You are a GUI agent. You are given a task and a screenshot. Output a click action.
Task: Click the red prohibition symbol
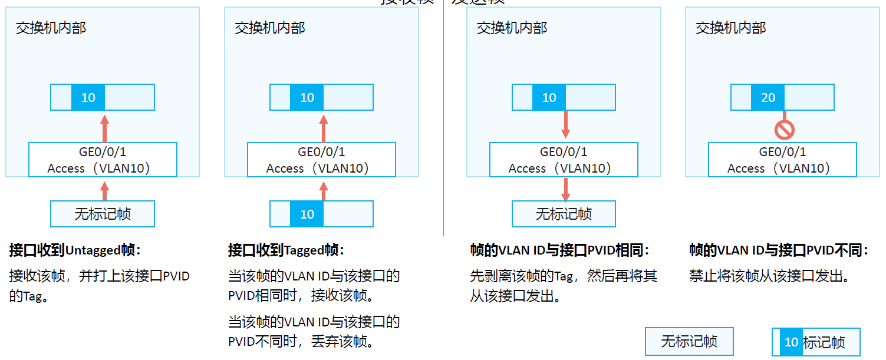click(784, 130)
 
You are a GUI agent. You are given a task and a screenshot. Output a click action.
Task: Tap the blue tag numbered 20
click(768, 97)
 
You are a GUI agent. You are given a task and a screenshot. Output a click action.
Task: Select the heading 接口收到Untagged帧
click(75, 250)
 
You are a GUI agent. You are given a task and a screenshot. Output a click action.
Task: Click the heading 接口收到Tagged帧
click(286, 250)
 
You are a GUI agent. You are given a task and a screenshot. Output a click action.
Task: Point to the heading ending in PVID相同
click(559, 250)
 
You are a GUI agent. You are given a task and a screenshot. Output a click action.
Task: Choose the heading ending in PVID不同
click(779, 250)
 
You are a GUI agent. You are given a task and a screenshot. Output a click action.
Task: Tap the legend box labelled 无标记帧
click(689, 342)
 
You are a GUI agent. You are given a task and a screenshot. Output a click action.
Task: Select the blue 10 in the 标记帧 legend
click(791, 342)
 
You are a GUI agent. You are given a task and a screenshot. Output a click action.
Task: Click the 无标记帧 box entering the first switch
click(103, 214)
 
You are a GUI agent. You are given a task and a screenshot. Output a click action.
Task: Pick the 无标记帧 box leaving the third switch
click(564, 214)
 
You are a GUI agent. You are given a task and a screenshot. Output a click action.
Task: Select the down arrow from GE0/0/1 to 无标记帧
click(566, 189)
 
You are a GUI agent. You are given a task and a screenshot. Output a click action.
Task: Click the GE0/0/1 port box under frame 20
click(782, 160)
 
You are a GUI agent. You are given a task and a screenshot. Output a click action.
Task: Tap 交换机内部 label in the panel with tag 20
click(731, 28)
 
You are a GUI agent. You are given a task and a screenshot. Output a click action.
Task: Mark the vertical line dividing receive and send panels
click(443, 118)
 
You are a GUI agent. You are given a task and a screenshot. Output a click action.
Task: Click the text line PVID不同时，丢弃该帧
click(302, 342)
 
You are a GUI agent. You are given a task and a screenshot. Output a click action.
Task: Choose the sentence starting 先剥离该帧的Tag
click(563, 276)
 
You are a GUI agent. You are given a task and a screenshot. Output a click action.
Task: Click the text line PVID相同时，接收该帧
click(302, 295)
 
